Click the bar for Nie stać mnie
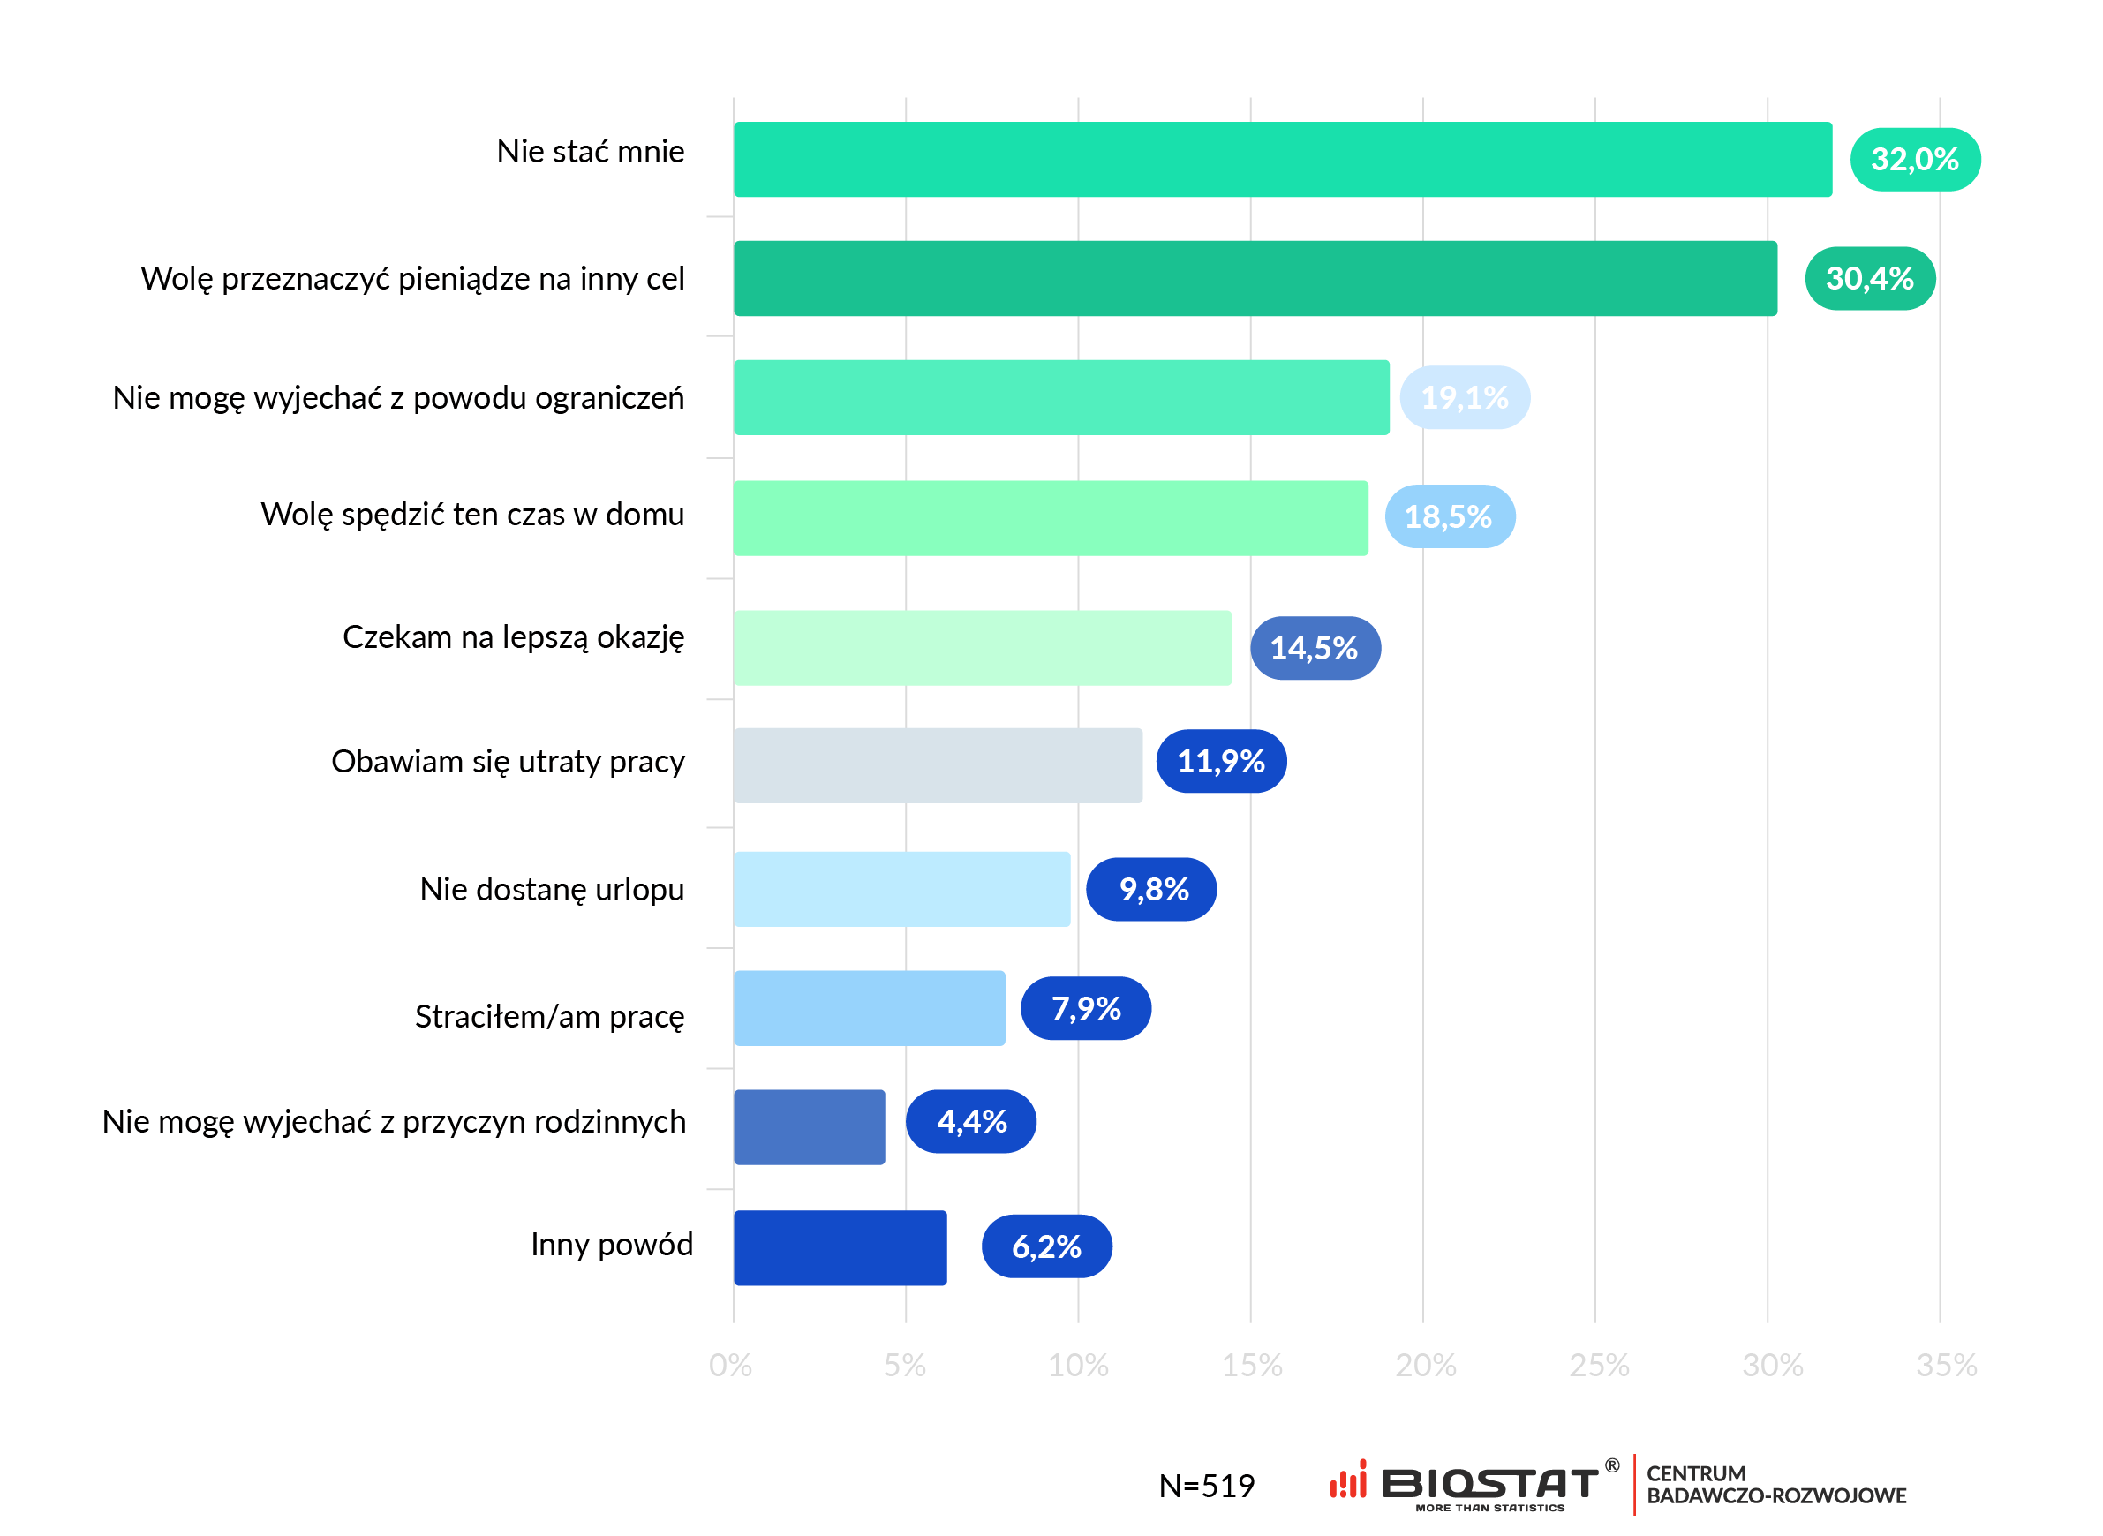(x=1282, y=159)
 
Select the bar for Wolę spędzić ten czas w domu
(x=1051, y=518)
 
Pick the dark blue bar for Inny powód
(x=840, y=1247)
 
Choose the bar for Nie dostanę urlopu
(x=901, y=889)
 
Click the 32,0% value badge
(x=1914, y=159)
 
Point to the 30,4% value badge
(x=1870, y=278)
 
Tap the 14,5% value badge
(x=1314, y=648)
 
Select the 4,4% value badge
(x=970, y=1121)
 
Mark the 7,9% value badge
(x=1085, y=1008)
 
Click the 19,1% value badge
(x=1465, y=397)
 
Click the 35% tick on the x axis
(x=1946, y=1365)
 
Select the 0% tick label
(x=730, y=1365)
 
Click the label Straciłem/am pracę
(x=548, y=1016)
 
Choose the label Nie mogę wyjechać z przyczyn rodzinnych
(x=393, y=1121)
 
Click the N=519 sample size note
(x=1206, y=1486)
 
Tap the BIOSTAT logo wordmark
(x=1489, y=1483)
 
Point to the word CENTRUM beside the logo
(x=1696, y=1473)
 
